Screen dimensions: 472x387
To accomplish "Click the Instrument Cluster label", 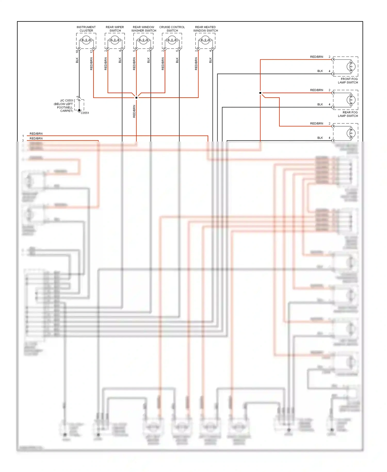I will [86, 29].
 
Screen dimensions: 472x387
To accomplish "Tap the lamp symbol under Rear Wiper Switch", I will [115, 40].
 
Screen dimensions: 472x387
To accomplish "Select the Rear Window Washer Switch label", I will [144, 29].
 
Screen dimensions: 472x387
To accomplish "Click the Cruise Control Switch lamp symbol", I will [172, 40].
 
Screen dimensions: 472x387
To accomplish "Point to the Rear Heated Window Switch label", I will [205, 29].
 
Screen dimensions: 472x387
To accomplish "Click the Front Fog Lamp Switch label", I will [348, 81].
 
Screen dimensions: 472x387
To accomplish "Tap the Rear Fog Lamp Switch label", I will [348, 114].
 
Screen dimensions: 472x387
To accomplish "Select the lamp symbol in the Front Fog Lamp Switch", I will [351, 66].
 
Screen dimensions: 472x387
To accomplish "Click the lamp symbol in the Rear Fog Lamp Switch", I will [351, 100].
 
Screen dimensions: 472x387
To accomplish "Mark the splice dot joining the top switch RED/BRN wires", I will [136, 98].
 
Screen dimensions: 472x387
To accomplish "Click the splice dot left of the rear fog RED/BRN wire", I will [260, 93].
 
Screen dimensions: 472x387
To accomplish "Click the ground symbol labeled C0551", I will [79, 111].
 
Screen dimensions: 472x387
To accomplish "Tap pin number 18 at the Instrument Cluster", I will [77, 51].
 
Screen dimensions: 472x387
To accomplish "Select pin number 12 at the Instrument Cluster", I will [91, 51].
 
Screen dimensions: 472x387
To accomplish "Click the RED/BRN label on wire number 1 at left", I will [36, 133].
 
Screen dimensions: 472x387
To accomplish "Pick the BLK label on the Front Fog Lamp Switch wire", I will [320, 71].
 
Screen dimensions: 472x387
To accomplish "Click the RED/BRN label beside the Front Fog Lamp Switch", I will [317, 57].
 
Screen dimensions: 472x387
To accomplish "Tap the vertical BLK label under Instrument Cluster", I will [77, 60].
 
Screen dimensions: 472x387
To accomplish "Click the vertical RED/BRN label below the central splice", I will [134, 111].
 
